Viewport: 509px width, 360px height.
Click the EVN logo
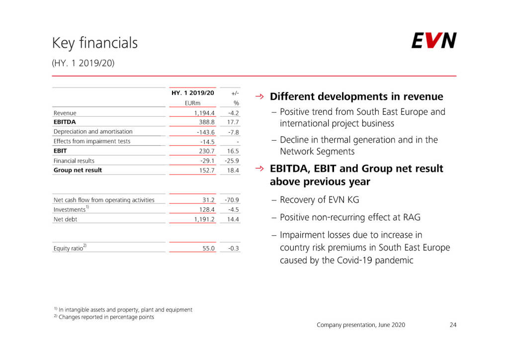(x=433, y=41)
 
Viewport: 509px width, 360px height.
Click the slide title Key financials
(x=95, y=43)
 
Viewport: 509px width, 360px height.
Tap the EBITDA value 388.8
(x=206, y=122)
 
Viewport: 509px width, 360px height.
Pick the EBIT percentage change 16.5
(x=232, y=151)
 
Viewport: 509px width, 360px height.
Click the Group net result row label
(x=78, y=170)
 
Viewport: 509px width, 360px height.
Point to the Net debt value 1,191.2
(x=204, y=219)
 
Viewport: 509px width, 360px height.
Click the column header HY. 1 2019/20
(x=193, y=93)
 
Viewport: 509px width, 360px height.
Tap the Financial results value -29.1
(x=207, y=161)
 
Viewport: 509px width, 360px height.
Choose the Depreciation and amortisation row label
(x=93, y=132)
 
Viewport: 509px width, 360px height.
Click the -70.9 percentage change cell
(x=232, y=200)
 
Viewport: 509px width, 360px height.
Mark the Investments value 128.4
(x=206, y=210)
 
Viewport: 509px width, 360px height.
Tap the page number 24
(x=453, y=325)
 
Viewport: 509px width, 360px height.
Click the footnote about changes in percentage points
(x=106, y=317)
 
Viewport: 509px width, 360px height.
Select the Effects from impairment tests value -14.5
(x=206, y=142)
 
